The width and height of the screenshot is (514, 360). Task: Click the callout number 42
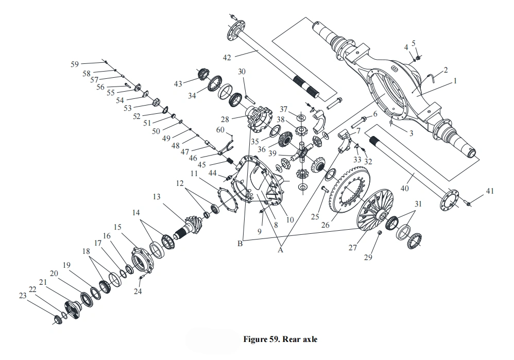point(227,58)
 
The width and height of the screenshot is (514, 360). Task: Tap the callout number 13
point(157,197)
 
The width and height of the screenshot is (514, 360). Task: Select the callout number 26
point(325,225)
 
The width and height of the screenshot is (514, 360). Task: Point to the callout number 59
point(75,64)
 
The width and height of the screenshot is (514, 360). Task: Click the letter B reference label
point(240,244)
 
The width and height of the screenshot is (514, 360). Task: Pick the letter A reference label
point(280,250)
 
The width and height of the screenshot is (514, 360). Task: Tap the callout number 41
point(489,191)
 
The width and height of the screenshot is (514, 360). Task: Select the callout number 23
point(22,296)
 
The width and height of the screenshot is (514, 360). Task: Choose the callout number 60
point(220,130)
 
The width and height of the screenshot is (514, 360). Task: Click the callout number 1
point(455,81)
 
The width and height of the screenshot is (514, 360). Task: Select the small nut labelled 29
point(379,233)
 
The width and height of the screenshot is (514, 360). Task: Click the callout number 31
point(418,204)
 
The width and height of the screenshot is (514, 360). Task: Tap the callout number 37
point(283,109)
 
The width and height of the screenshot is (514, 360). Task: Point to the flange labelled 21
point(72,309)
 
